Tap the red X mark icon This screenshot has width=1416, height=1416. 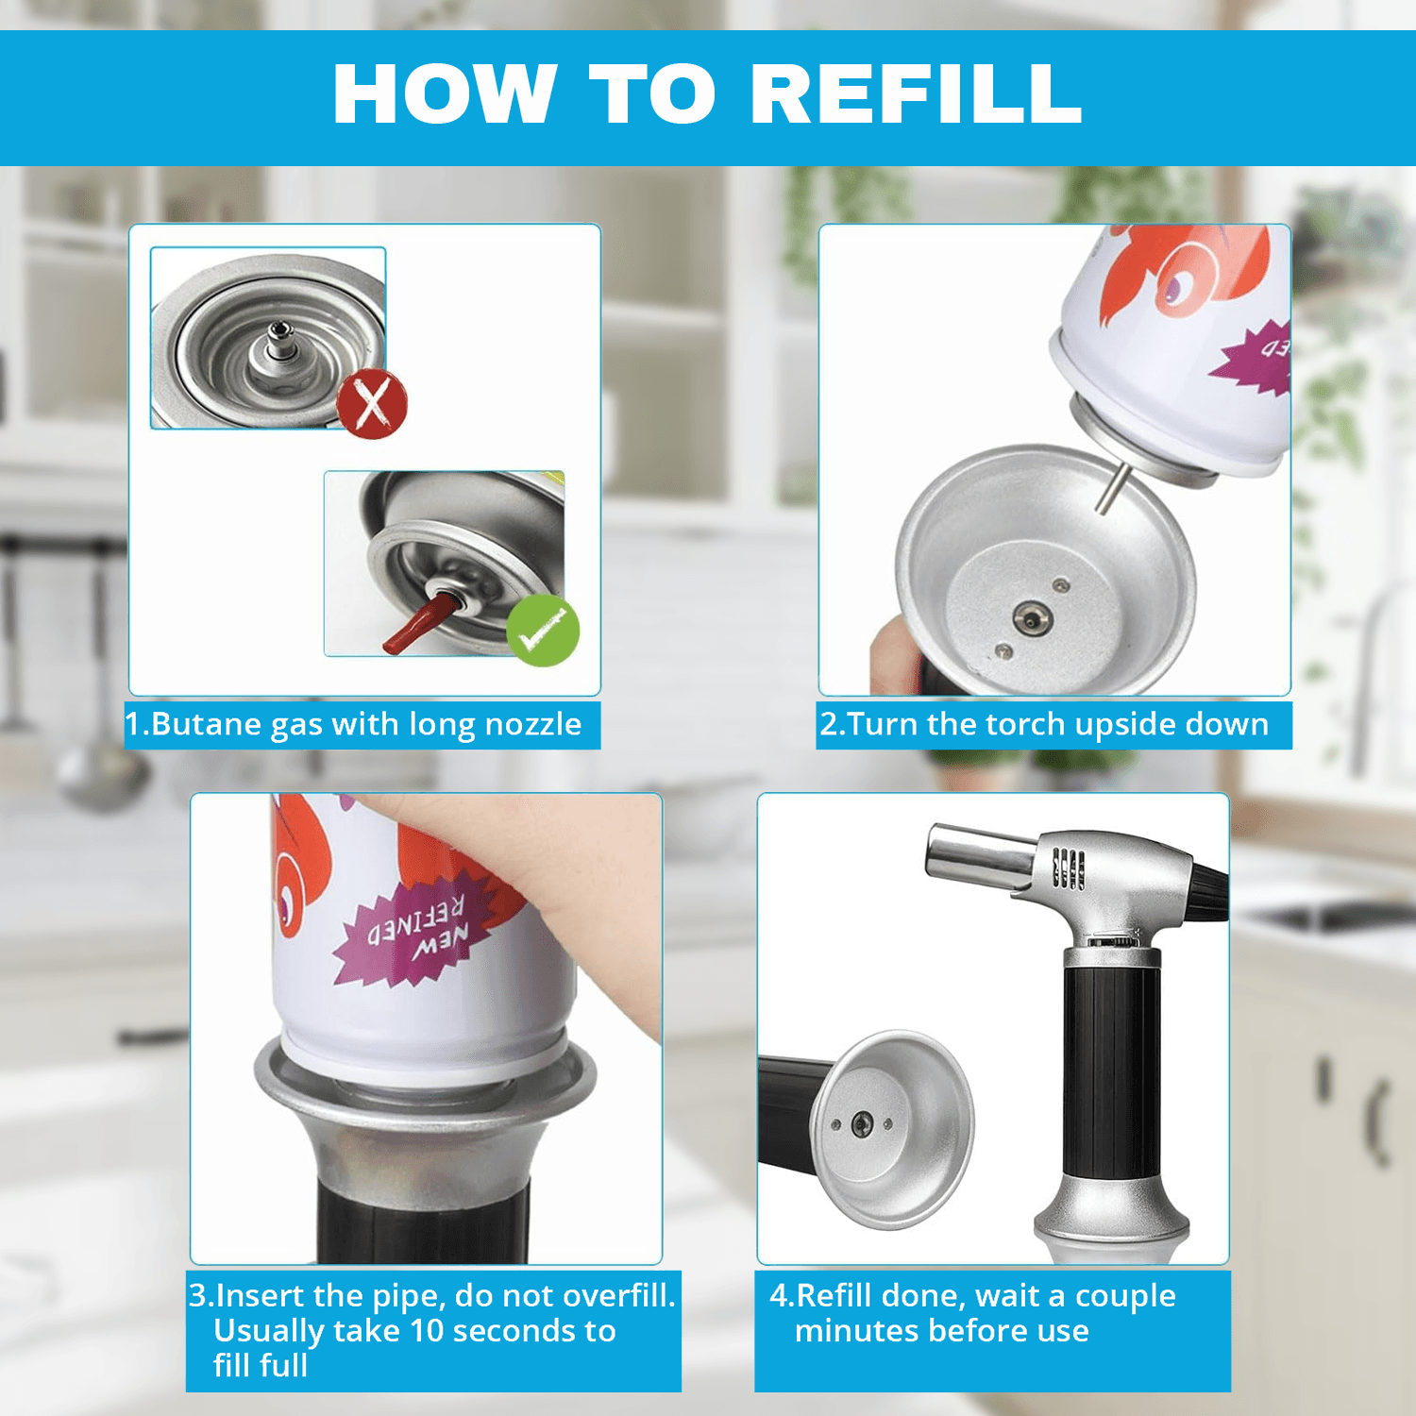pos(372,404)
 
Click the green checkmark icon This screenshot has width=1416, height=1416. pos(543,631)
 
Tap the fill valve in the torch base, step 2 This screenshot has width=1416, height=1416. pos(1032,619)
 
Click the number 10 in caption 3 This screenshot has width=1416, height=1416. pos(427,1331)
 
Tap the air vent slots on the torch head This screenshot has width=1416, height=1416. pos(1067,868)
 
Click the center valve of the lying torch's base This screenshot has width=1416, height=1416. pos(862,1124)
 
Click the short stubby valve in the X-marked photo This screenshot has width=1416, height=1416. pos(279,341)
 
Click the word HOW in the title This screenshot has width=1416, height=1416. pos(444,93)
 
